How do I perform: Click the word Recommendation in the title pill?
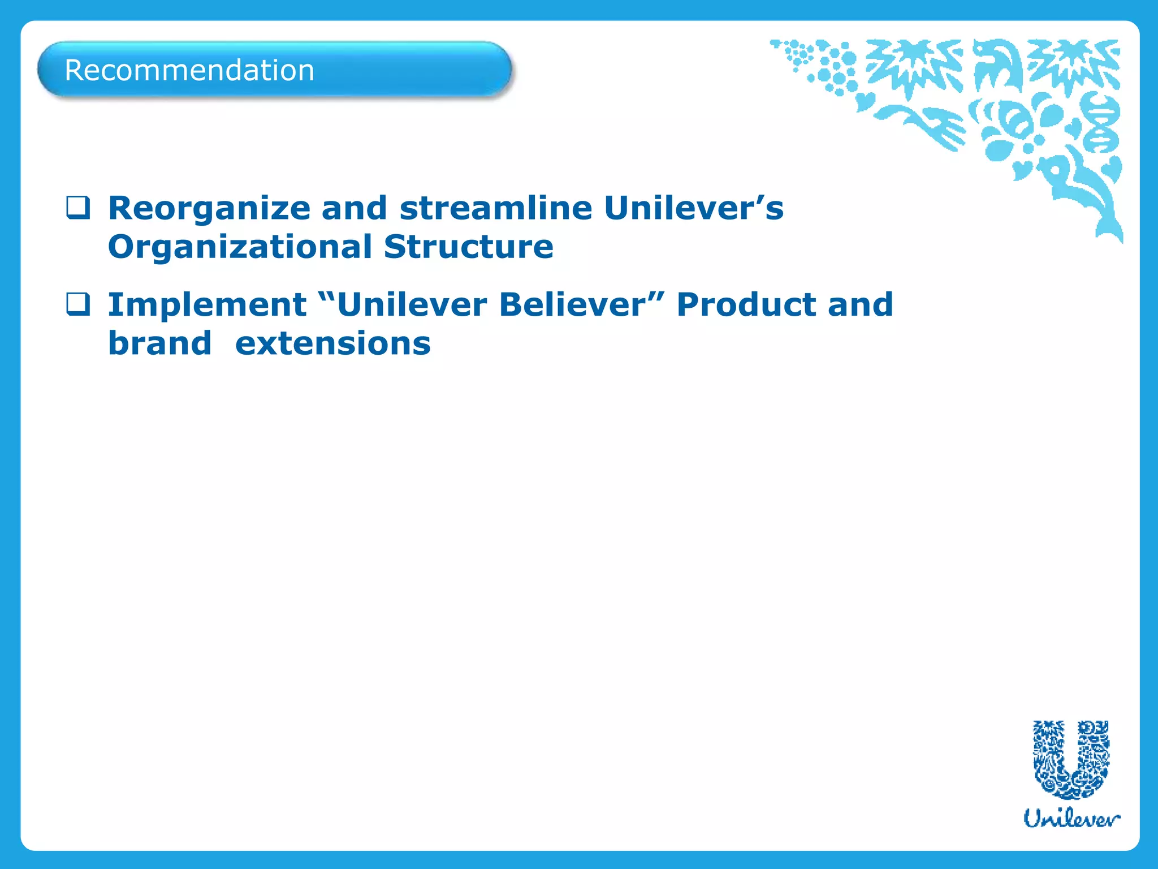[x=189, y=71]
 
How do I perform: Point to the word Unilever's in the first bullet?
[x=693, y=208]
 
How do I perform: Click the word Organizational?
[x=240, y=247]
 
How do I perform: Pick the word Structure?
[x=468, y=247]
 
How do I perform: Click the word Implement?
[x=207, y=306]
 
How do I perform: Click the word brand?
[x=159, y=343]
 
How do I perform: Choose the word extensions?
[x=332, y=343]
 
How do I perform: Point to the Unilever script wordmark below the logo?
[x=1071, y=819]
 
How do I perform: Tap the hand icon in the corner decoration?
[x=939, y=127]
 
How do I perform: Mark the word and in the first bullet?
[x=355, y=208]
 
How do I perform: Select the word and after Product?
[x=860, y=305]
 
